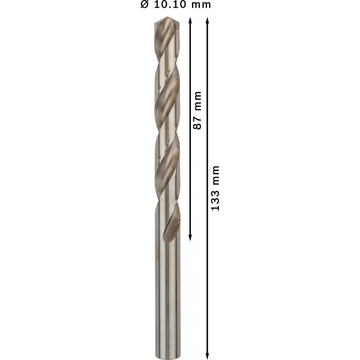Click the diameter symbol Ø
tap(145, 4)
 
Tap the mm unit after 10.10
tap(202, 5)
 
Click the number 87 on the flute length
tap(197, 123)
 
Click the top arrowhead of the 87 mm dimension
tap(190, 20)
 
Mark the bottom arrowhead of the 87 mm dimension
tap(190, 238)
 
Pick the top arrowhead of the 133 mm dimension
tap(208, 20)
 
